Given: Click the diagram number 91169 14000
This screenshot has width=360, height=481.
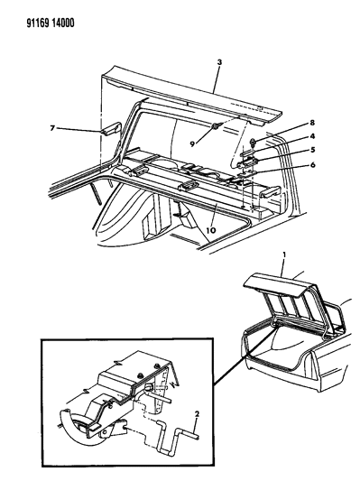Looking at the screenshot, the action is point(51,23).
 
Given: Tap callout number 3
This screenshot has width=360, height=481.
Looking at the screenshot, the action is point(219,62).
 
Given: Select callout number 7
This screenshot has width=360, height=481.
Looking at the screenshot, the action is point(52,128).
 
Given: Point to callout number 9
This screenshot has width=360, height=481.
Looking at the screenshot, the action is point(192,143).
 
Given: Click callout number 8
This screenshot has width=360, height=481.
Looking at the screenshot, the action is point(312,123).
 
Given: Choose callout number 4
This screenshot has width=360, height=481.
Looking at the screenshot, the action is point(312,136).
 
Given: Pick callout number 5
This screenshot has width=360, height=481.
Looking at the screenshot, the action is point(312,150).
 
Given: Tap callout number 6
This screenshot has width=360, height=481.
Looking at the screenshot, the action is point(312,165).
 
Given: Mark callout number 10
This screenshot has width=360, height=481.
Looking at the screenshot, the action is point(211,230).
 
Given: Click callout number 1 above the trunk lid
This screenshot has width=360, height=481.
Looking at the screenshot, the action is point(284,254).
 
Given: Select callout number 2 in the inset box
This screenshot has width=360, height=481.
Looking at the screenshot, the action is point(197,414).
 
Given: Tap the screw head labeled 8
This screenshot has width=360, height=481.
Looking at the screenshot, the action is point(254,142).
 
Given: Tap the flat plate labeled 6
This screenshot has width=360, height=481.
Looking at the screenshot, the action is point(247,175).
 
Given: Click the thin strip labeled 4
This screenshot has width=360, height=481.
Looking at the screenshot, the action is point(249,153).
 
